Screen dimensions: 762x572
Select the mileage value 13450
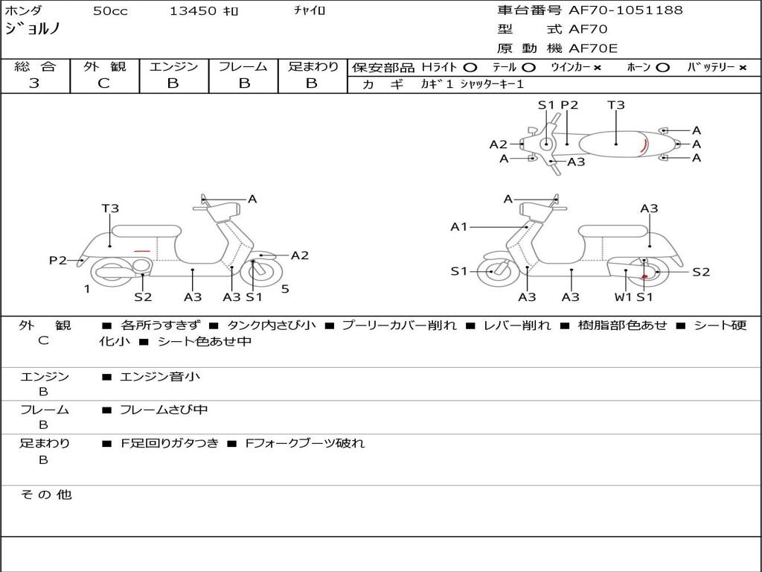click(x=193, y=11)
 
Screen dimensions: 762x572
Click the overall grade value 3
click(x=34, y=83)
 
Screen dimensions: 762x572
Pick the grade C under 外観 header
click(x=104, y=83)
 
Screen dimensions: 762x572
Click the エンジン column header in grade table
click(x=173, y=67)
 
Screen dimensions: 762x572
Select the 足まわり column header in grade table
click(x=313, y=67)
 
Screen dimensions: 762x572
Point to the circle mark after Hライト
click(x=470, y=68)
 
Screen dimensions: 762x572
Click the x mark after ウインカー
click(x=597, y=68)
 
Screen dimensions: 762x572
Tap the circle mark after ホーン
click(x=663, y=68)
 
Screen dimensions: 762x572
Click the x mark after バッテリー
click(x=742, y=68)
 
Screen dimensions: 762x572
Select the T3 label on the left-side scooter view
click(x=110, y=209)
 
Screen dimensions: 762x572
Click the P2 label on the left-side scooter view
click(x=58, y=260)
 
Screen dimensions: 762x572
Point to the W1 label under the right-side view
click(x=623, y=297)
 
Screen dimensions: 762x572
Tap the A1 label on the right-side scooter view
click(x=459, y=226)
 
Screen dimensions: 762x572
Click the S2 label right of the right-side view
click(x=701, y=272)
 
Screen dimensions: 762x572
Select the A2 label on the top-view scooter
click(x=498, y=144)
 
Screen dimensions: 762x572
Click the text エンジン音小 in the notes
click(x=160, y=377)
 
